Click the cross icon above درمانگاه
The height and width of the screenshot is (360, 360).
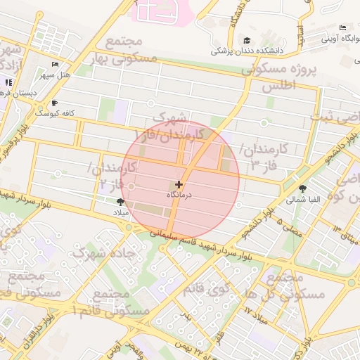tap(179, 184)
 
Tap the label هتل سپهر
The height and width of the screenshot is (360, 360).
tap(57, 75)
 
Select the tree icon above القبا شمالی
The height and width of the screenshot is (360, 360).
tap(302, 188)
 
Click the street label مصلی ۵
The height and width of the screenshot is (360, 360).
tap(289, 226)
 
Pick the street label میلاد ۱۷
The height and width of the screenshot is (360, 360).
tap(257, 313)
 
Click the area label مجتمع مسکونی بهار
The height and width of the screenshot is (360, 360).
tap(117, 51)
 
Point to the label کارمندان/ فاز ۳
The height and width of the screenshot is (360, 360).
tap(265, 157)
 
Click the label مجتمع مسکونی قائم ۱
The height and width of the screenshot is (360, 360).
tap(112, 302)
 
